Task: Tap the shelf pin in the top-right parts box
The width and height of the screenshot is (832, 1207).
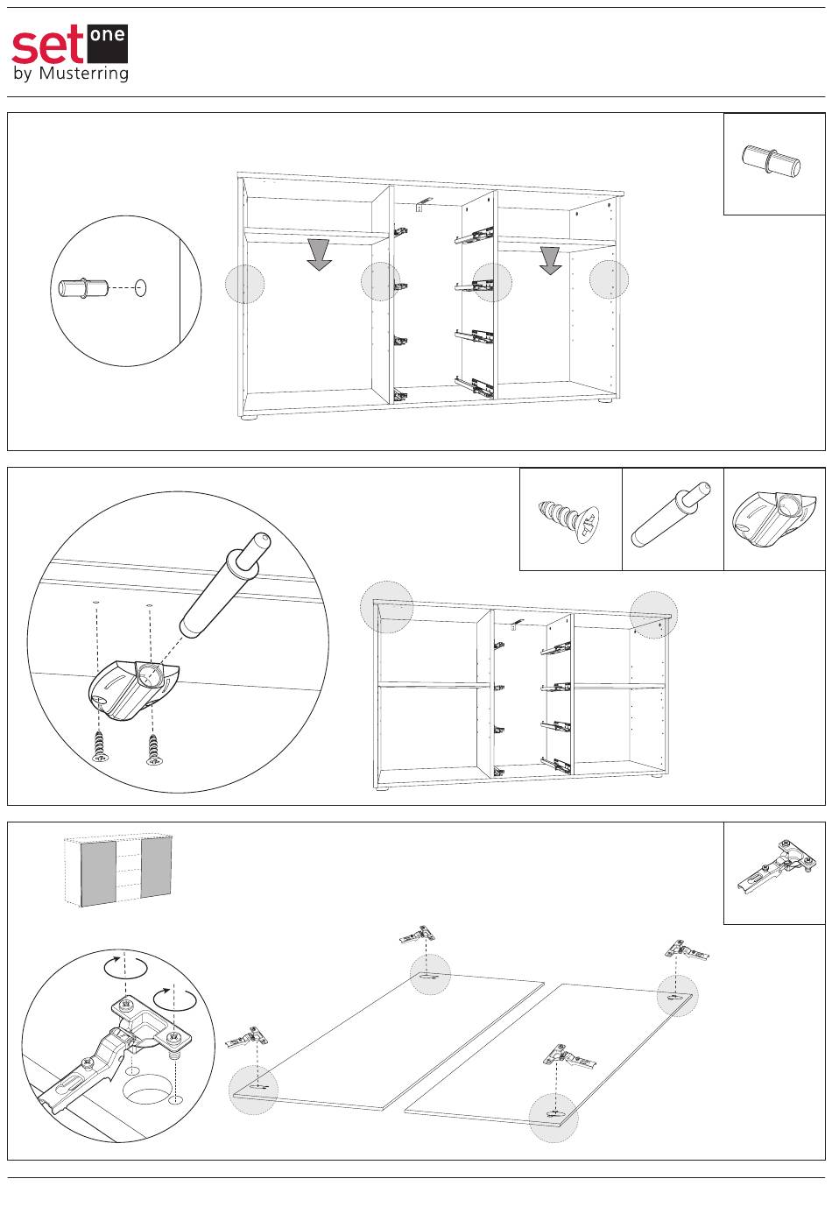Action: [772, 162]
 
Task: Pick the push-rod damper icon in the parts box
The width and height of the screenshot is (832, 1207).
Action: [672, 519]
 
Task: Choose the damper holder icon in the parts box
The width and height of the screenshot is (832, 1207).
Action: [773, 519]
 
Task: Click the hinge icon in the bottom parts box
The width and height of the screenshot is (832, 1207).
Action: [773, 867]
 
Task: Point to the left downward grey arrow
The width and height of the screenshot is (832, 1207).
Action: [320, 253]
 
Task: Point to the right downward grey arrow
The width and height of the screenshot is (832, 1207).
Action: [550, 259]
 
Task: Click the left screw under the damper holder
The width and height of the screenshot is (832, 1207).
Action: [99, 745]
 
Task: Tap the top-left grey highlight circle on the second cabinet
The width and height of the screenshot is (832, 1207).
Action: [386, 606]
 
